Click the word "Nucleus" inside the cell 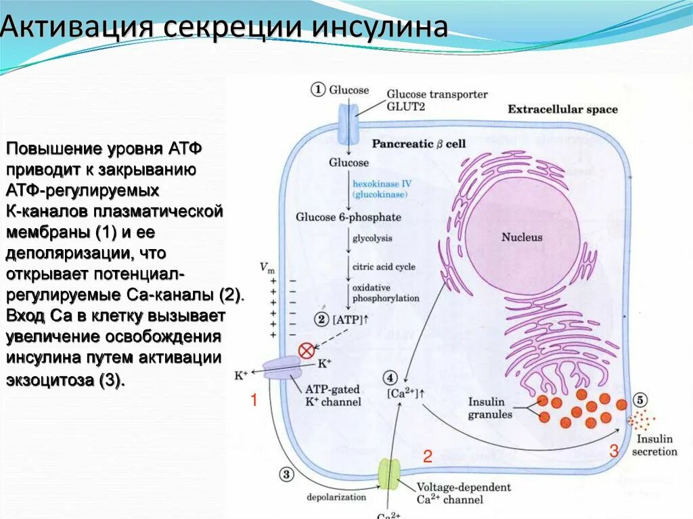click(521, 238)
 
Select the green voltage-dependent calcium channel click(389, 474)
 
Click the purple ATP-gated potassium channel click(280, 369)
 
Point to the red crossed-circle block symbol click(307, 351)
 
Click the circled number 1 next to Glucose click(318, 89)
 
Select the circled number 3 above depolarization click(285, 475)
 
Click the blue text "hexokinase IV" click(382, 183)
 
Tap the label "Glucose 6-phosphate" click(348, 217)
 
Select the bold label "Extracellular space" click(562, 110)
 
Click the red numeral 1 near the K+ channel click(254, 400)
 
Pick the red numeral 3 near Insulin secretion click(613, 451)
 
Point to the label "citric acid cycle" click(384, 267)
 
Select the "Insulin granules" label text click(490, 408)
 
